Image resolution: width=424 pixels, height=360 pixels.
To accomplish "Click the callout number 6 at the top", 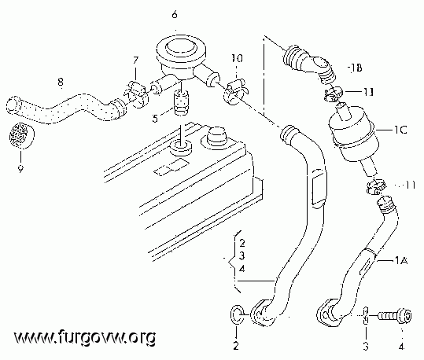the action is (x=175, y=15).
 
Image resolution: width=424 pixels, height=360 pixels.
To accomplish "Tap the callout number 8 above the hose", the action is (x=61, y=82).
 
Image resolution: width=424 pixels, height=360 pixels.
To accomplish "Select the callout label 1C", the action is (x=400, y=130).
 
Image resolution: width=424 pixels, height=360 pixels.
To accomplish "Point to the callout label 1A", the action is (x=401, y=260).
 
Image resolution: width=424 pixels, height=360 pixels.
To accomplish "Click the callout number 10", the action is (x=237, y=58).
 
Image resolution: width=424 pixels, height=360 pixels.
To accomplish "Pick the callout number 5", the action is (x=155, y=118).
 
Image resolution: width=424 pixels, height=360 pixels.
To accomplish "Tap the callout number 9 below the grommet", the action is (x=20, y=169).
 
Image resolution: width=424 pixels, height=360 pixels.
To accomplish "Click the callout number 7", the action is (x=135, y=60).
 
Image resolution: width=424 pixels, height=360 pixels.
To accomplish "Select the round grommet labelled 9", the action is (x=22, y=136).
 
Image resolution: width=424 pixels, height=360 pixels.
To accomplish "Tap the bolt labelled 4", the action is (x=395, y=316).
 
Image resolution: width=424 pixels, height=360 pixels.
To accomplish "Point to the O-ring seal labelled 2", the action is (x=237, y=314).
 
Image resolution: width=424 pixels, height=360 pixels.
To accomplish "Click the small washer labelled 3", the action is (x=365, y=315).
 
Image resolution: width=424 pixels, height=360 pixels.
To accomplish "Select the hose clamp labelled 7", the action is (x=136, y=94).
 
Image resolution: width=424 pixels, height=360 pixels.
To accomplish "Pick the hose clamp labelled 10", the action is (x=234, y=91).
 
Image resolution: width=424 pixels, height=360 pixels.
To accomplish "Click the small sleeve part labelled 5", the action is (x=181, y=103).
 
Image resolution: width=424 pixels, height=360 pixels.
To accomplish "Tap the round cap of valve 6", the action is (x=181, y=48).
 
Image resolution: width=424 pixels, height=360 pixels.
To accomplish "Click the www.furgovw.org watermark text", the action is (x=85, y=336).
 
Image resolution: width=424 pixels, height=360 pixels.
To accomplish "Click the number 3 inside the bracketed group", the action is (x=241, y=255).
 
